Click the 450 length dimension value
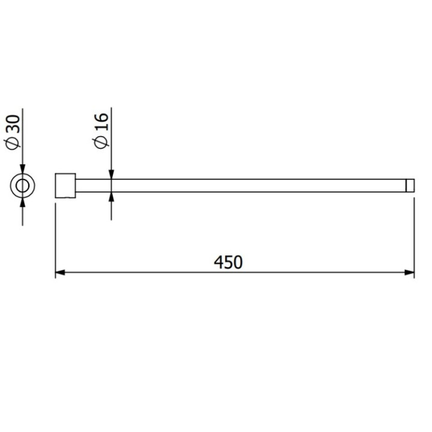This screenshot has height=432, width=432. click(x=229, y=262)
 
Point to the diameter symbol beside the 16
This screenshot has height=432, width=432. click(x=101, y=140)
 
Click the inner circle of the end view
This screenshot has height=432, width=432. click(x=22, y=185)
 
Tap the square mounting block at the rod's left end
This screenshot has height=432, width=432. click(x=65, y=185)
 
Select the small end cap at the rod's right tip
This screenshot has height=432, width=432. click(x=410, y=185)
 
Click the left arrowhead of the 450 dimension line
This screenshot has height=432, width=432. click(x=60, y=273)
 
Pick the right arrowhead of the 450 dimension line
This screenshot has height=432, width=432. click(x=410, y=273)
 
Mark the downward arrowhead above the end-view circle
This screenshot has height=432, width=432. click(x=22, y=170)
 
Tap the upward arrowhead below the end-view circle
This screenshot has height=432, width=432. click(x=22, y=201)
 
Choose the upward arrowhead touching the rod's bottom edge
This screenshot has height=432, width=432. click(x=111, y=196)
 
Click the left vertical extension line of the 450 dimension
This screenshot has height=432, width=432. click(x=55, y=240)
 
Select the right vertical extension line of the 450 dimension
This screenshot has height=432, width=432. click(x=415, y=240)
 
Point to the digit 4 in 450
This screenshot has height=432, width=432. click(x=220, y=262)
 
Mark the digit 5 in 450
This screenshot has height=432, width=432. click(x=229, y=262)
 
